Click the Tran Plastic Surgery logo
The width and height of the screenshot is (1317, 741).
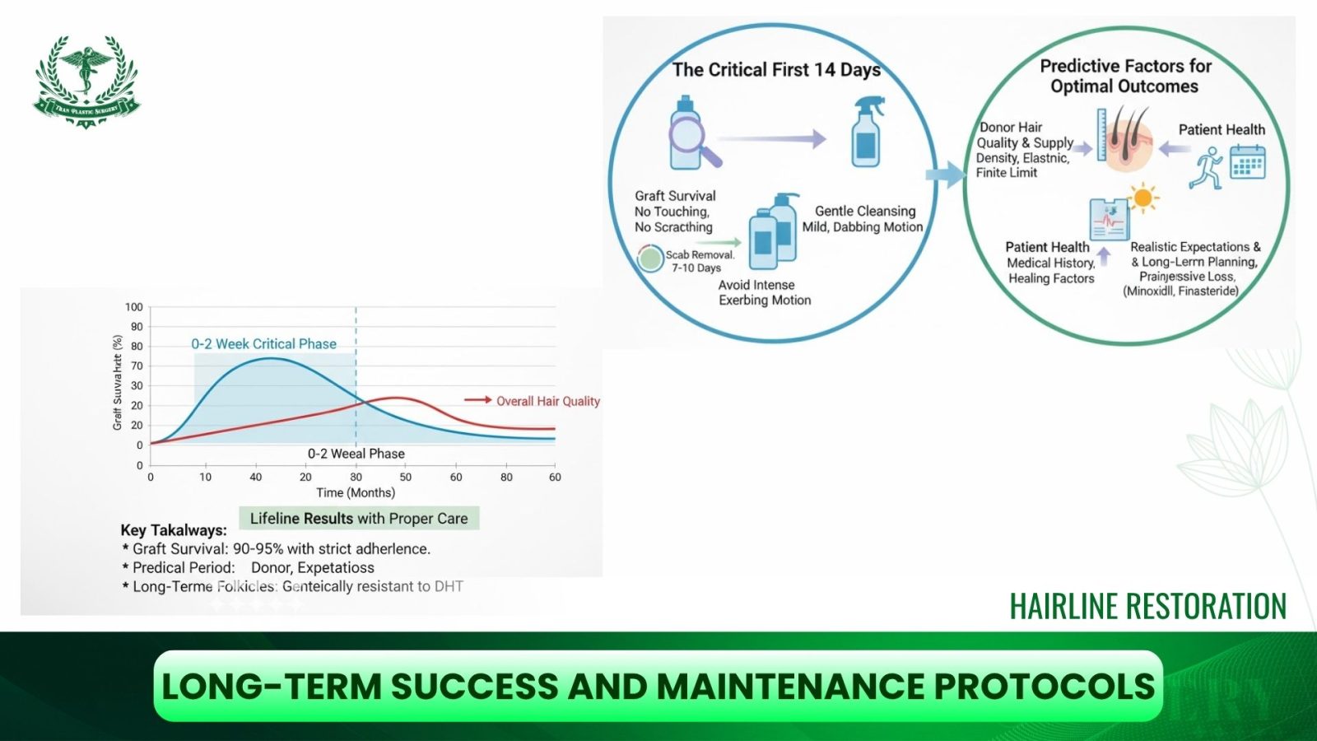[x=86, y=81]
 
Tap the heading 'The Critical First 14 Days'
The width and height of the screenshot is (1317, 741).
[x=775, y=70]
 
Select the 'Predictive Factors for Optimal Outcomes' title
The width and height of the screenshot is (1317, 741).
[x=1124, y=76]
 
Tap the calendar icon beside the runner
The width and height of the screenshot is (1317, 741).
[x=1247, y=161]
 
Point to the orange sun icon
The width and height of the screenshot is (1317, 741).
[x=1142, y=198]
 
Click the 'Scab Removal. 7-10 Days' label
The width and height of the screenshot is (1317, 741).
[x=698, y=261]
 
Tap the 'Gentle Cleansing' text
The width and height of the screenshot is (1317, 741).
[x=864, y=211]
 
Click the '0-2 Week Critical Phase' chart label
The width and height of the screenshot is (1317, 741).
[x=263, y=344]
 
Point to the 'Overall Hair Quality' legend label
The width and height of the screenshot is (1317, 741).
[x=547, y=401]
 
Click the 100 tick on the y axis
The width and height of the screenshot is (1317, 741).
[x=133, y=307]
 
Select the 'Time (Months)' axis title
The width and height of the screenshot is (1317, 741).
[x=356, y=492]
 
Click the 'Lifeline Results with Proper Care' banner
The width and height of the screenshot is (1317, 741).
[x=359, y=519]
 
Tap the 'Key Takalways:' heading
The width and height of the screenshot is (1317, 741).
[x=174, y=530]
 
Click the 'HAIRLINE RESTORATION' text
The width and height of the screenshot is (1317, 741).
[x=1147, y=607]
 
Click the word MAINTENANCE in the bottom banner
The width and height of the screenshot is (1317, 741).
[x=791, y=687]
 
